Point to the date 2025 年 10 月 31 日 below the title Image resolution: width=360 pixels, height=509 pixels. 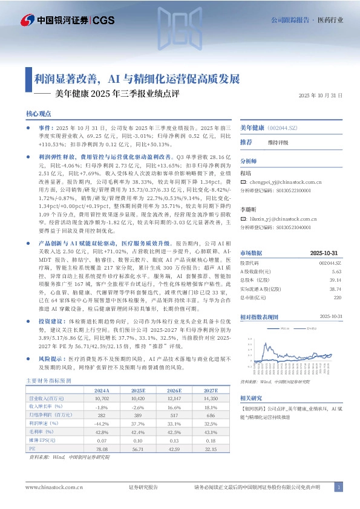tap(321, 96)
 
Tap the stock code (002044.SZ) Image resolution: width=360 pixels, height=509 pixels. tap(284, 129)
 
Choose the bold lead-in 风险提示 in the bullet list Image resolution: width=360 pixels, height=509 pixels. tap(51, 358)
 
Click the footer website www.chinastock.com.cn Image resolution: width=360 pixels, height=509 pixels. tap(54, 487)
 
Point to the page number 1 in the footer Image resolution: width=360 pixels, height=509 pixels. tap(339, 487)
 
